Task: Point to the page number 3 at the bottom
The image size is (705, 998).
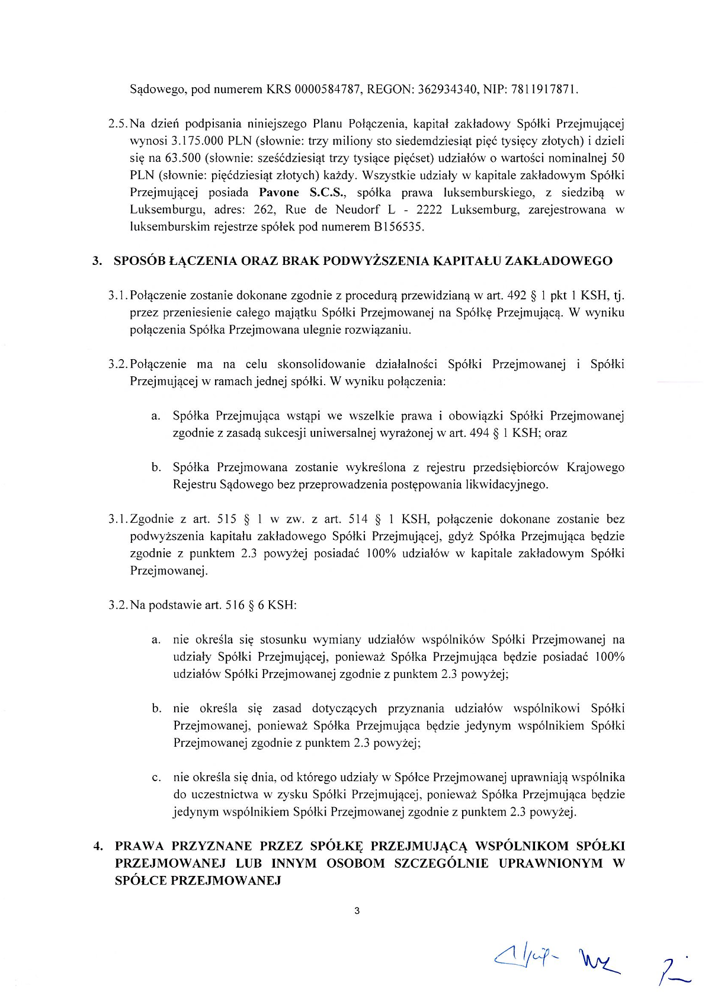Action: pos(356,911)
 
